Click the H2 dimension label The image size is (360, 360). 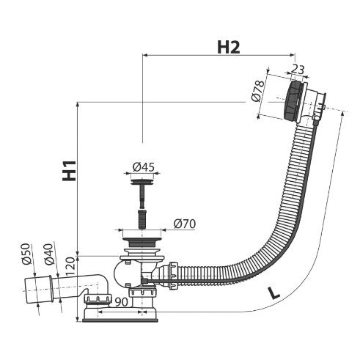point(229,48)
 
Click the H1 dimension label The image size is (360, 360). point(69,171)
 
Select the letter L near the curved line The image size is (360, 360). point(274,293)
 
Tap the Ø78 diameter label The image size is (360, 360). point(258,91)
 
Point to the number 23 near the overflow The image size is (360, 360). point(298,70)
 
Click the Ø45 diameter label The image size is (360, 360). point(144,167)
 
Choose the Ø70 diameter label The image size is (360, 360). point(185,224)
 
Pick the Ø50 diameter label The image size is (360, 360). point(26,254)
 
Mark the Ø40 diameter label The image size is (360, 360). point(49,254)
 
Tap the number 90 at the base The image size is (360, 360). point(122,302)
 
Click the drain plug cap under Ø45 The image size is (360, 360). point(142,182)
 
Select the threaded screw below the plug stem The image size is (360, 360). point(142,218)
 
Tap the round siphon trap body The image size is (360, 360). point(123,274)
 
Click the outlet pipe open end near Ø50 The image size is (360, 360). point(30,290)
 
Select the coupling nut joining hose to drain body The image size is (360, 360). point(173,276)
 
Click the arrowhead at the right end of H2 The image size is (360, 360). point(293,55)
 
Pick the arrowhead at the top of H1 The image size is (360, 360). point(78,106)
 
